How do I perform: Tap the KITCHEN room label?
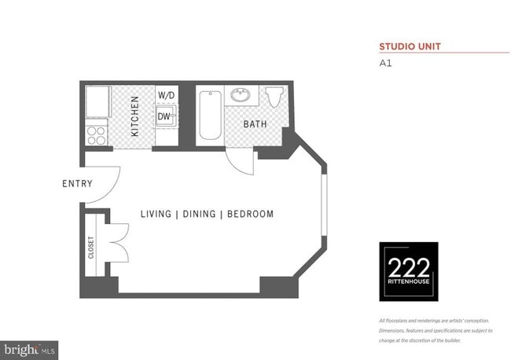[x=135, y=116]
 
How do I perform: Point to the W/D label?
[x=166, y=95]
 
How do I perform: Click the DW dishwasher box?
[x=164, y=117]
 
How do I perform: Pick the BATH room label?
[x=255, y=124]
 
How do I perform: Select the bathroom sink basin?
[x=239, y=97]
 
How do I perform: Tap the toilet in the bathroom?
[x=274, y=97]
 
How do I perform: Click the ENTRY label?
[x=77, y=184]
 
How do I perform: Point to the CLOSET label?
[x=91, y=249]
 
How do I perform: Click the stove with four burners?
[x=96, y=134]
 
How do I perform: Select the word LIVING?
[x=157, y=214]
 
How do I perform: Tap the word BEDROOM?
[x=250, y=214]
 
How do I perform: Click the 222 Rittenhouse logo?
[x=409, y=271]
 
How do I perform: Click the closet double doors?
[x=117, y=243]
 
